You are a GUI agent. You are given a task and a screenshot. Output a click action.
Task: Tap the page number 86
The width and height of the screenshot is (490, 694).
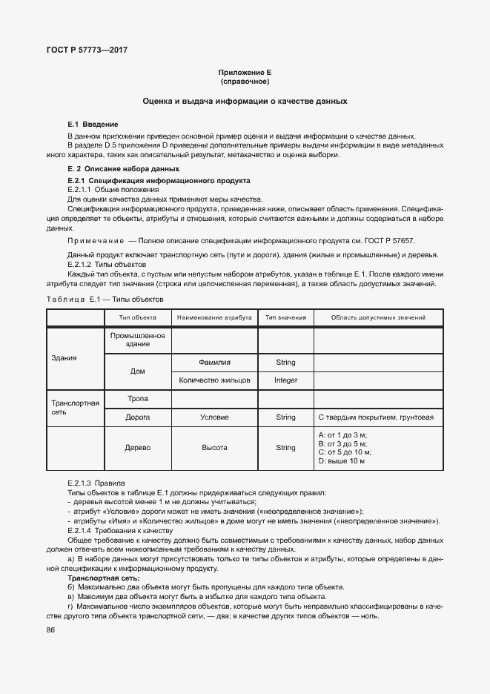[x=51, y=629]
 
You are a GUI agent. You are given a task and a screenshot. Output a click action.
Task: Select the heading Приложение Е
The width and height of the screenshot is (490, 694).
[x=245, y=73]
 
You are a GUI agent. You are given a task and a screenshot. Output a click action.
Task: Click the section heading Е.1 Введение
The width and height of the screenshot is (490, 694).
[x=93, y=124]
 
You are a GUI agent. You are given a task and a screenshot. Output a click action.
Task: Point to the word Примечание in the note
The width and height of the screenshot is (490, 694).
[x=96, y=242]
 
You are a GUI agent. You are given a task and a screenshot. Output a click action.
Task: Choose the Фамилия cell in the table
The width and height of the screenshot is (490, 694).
[x=214, y=363]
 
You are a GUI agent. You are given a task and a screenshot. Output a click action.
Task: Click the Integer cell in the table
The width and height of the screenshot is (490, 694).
[x=285, y=380]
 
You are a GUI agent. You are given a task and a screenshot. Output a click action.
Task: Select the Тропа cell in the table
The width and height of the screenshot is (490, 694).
[x=137, y=399]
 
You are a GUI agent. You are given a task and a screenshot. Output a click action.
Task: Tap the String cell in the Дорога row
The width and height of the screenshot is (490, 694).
[x=285, y=417]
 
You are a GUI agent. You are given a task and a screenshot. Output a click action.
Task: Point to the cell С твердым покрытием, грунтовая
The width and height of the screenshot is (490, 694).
[x=375, y=417]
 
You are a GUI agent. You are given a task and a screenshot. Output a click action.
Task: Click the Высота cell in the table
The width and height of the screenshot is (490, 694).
[x=214, y=448]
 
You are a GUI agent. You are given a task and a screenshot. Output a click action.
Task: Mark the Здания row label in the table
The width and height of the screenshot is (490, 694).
[x=64, y=358]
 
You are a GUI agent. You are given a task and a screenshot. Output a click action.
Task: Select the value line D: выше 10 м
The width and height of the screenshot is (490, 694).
[x=342, y=461]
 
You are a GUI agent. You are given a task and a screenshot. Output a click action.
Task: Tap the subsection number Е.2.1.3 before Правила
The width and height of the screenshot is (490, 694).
[x=79, y=482]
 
